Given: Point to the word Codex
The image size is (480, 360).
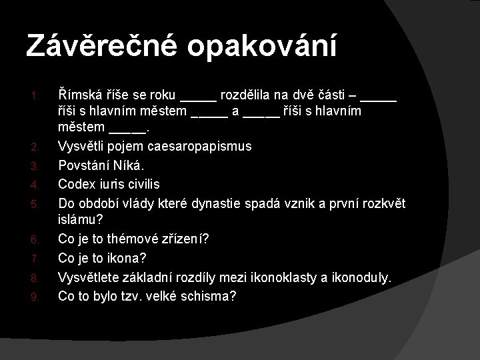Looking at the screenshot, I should (78, 183).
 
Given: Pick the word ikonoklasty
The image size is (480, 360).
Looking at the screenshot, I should (283, 275).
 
